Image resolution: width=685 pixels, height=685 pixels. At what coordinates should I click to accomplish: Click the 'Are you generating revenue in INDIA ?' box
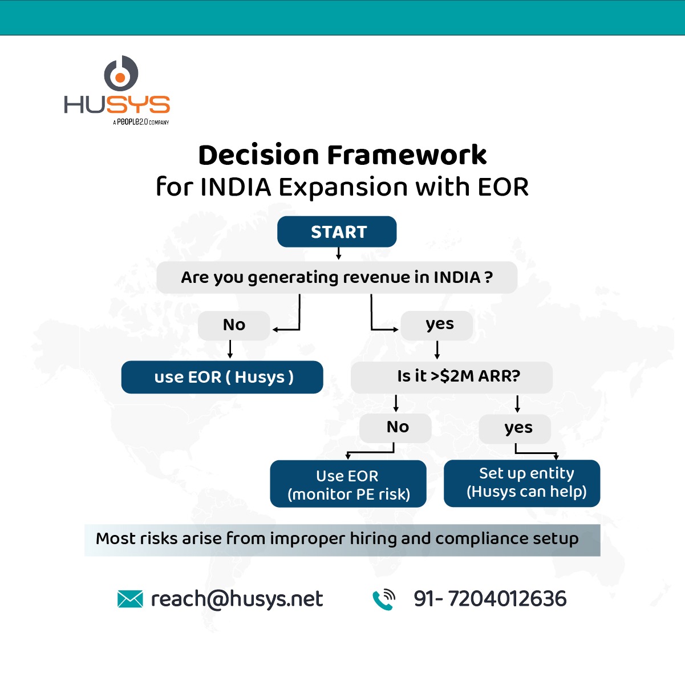[337, 278]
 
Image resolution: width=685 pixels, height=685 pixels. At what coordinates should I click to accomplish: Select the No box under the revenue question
[234, 325]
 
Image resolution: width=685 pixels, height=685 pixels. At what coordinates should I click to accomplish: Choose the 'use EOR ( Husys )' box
[222, 377]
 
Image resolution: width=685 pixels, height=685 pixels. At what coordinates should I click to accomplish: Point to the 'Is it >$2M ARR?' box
[452, 376]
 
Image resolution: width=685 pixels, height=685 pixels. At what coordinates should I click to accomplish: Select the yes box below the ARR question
[516, 428]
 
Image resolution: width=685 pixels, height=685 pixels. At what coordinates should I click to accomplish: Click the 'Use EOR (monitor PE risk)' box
[348, 484]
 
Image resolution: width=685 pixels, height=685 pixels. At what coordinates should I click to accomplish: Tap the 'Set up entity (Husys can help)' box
[522, 483]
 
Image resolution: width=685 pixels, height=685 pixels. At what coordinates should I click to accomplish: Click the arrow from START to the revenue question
[339, 253]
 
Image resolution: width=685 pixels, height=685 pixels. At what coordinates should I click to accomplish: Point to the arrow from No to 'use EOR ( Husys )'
[230, 350]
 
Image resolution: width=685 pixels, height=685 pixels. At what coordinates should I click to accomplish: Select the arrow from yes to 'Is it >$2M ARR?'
[437, 350]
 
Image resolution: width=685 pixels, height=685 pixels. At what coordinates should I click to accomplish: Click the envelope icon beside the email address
[130, 599]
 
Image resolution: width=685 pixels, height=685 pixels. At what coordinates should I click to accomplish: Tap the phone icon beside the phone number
[384, 599]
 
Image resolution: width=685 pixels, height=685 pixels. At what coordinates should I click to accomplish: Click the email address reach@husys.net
[237, 599]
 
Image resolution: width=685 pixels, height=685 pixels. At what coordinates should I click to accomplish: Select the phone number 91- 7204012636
[490, 599]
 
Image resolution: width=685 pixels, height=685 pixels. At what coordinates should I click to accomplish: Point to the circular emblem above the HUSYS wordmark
[121, 74]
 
